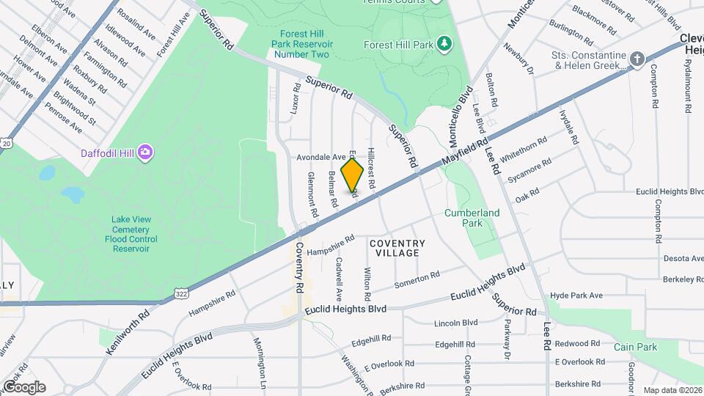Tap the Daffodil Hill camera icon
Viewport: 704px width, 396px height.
[x=146, y=152]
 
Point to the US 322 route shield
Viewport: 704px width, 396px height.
[x=180, y=293]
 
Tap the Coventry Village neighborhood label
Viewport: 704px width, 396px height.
[x=397, y=248]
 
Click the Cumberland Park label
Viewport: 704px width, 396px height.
[x=472, y=218]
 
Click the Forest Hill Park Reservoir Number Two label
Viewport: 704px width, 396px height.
[x=301, y=44]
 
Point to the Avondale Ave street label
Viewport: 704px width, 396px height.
[x=320, y=157]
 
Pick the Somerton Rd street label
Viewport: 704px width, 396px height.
[x=417, y=279]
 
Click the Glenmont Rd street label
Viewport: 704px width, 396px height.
[x=312, y=194]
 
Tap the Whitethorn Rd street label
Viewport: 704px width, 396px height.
[x=524, y=150]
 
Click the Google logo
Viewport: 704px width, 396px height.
[x=24, y=387]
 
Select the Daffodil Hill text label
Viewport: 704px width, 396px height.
[x=106, y=153]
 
